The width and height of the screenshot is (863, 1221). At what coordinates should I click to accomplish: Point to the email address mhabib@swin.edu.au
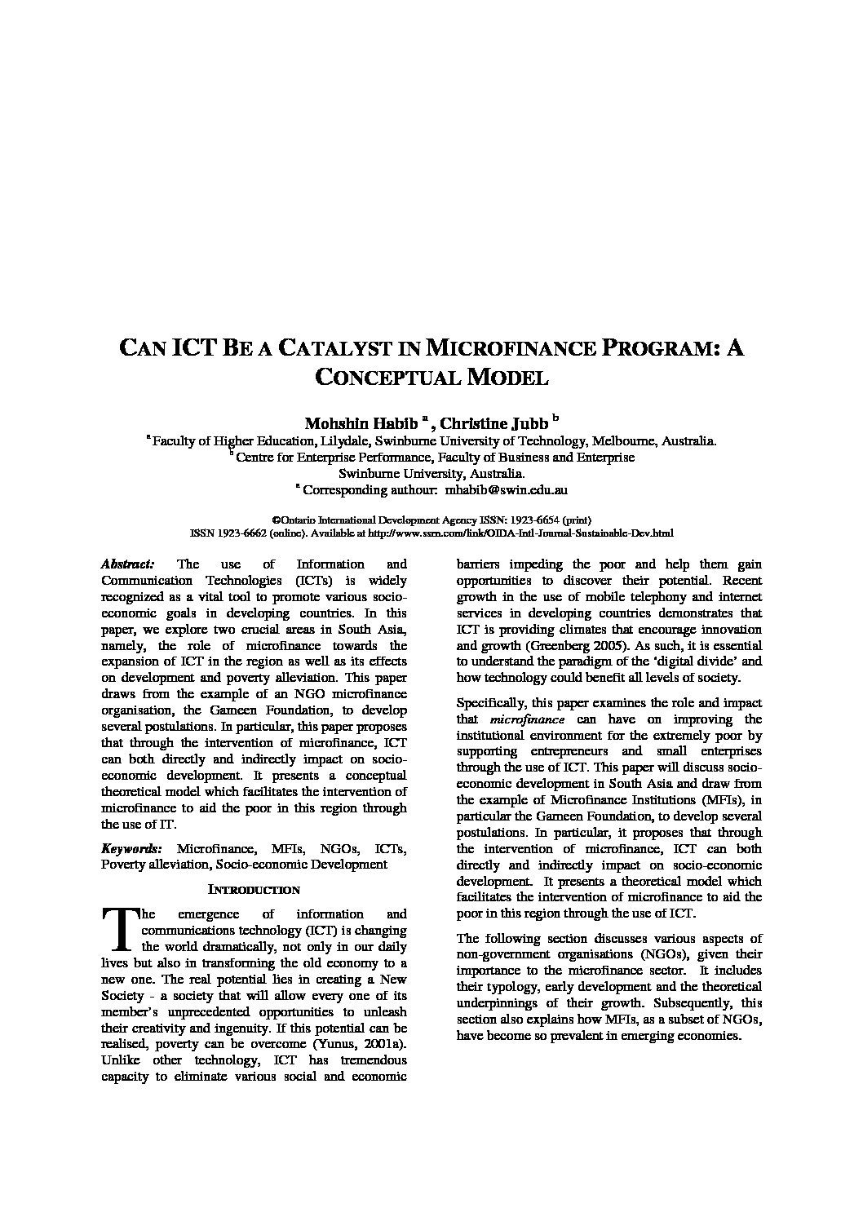click(x=506, y=490)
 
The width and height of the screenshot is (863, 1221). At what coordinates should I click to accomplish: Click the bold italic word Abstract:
click(x=127, y=564)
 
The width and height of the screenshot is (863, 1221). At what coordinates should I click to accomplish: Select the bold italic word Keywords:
click(x=131, y=848)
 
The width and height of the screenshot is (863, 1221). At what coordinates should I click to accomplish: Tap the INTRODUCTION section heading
click(x=254, y=890)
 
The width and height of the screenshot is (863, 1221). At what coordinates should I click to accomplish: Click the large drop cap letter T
click(x=119, y=929)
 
